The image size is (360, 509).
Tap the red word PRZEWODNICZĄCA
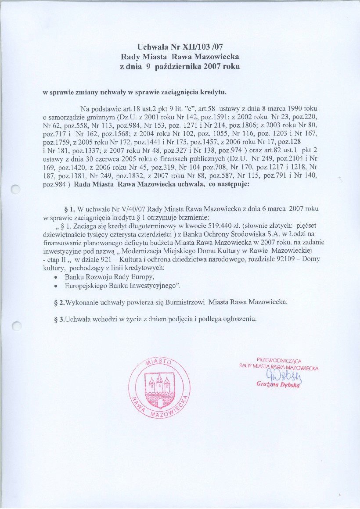tap(279, 361)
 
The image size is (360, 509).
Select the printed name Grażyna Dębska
tap(278, 385)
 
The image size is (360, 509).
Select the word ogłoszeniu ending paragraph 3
tap(237, 318)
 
